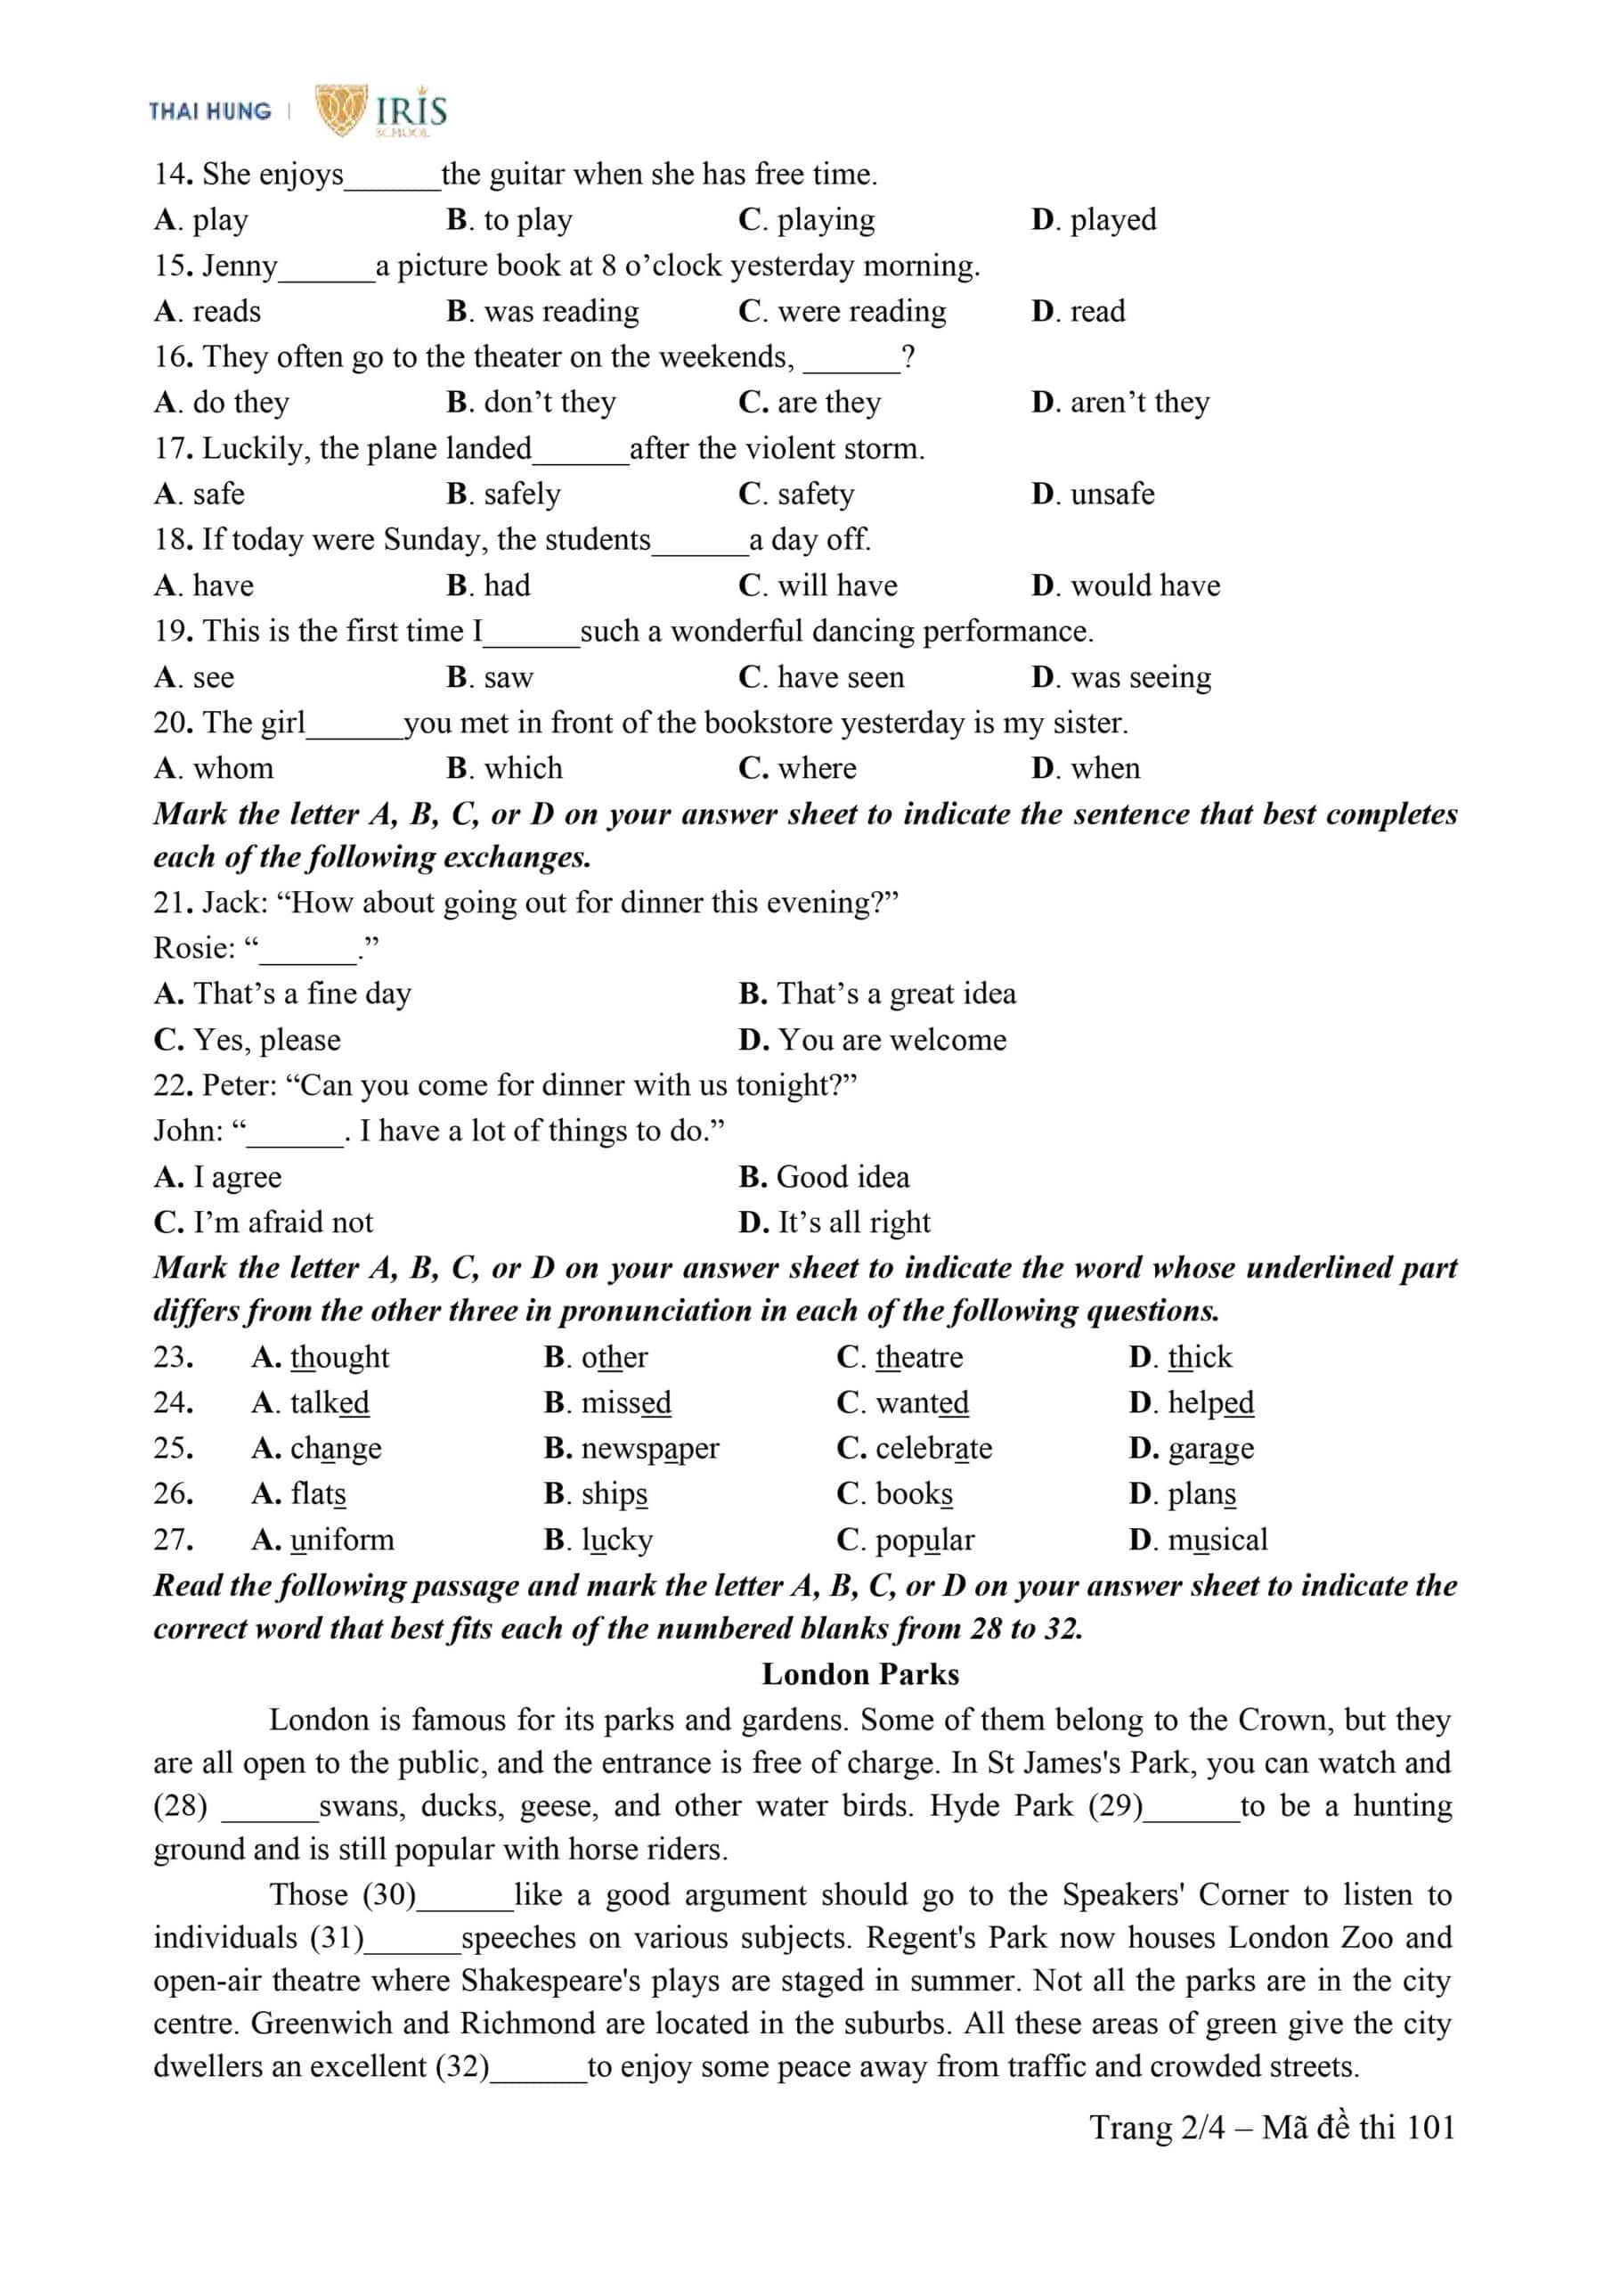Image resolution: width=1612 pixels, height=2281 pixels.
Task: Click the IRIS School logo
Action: [x=381, y=110]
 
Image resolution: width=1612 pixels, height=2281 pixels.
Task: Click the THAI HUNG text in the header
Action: [x=209, y=111]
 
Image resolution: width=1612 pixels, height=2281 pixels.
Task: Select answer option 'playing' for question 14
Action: [x=825, y=219]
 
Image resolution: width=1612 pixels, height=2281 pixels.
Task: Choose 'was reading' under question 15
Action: [x=560, y=311]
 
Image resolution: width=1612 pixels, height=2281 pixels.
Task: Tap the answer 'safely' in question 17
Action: [x=521, y=494]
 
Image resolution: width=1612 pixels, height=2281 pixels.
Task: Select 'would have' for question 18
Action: [x=1144, y=585]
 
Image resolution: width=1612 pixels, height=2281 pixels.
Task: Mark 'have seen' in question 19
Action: [x=840, y=676]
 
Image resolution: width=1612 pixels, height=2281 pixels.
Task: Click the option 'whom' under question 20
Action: [x=232, y=768]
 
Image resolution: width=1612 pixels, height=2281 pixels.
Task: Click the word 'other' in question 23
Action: [x=614, y=1357]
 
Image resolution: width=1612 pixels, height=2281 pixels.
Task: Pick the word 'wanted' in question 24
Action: [x=921, y=1402]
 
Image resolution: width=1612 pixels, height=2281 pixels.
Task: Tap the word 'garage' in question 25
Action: [x=1209, y=1449]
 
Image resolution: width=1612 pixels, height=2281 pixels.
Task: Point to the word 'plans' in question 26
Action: [x=1201, y=1494]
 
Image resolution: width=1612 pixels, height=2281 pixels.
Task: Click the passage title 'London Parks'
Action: [x=860, y=1674]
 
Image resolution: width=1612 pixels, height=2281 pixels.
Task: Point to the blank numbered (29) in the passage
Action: [x=1191, y=1806]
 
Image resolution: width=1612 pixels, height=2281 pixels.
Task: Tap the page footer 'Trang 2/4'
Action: [x=1156, y=2128]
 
